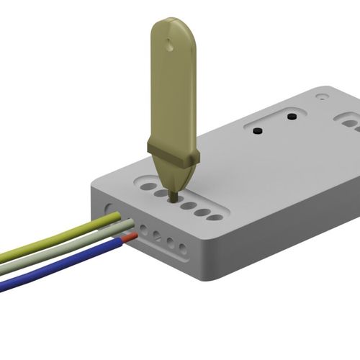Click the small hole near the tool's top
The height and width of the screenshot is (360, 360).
169,45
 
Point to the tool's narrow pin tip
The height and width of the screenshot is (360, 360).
173,194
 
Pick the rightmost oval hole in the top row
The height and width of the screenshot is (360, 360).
215,217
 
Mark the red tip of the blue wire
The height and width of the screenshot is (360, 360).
130,236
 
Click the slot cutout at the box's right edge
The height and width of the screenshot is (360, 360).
348,123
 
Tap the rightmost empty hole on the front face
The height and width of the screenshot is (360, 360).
183,248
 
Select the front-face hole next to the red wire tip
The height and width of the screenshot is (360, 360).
144,231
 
